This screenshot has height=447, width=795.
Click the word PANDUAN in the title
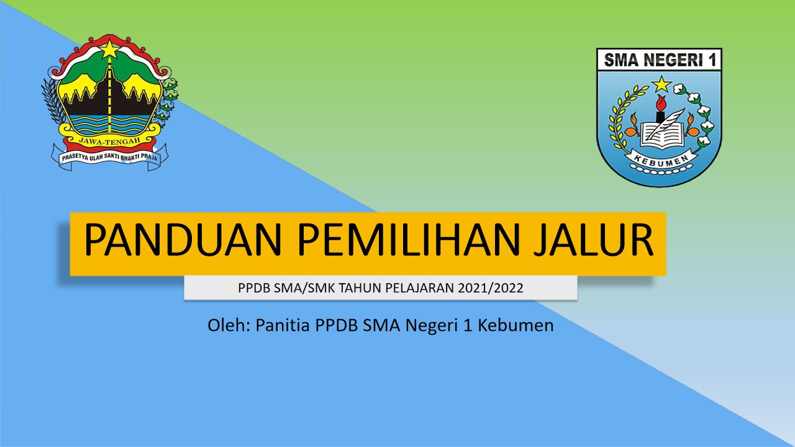(183, 239)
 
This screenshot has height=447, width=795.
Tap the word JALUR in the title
(593, 239)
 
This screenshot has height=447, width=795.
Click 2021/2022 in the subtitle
(490, 287)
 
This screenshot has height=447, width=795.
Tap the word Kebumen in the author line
(516, 325)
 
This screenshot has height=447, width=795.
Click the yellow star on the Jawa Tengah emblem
(110, 49)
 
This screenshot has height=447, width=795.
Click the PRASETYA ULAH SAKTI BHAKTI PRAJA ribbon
(110, 156)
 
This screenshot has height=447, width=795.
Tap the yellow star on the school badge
(661, 84)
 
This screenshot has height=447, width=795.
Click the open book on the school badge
(663, 135)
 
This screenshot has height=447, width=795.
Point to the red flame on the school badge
(660, 103)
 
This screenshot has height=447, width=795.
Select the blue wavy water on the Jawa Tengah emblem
(109, 124)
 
